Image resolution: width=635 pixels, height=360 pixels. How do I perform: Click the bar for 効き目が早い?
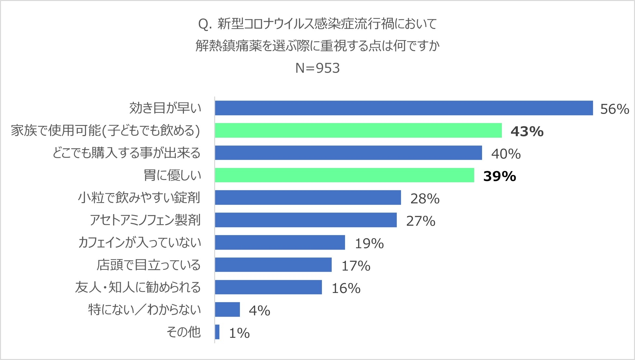coord(404,108)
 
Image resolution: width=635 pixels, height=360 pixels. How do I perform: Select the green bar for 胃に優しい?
coord(344,175)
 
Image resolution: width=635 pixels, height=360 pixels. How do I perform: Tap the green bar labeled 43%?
coord(358,130)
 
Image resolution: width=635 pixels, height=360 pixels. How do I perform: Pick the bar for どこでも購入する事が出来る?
coord(348,153)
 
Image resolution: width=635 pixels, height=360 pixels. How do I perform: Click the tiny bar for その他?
coord(217,332)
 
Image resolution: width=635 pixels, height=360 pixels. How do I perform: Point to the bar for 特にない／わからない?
coord(227,310)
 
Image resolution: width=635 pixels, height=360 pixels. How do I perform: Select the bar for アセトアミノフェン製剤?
coord(306,220)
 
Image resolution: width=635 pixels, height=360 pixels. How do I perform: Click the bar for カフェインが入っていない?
coord(280,242)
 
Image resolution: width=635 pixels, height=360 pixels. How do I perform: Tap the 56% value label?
coord(614,109)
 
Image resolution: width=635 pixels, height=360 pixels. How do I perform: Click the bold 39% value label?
coord(499,176)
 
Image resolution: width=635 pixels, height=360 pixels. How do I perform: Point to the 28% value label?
coord(425,199)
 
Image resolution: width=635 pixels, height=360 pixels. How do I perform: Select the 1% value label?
coord(239,333)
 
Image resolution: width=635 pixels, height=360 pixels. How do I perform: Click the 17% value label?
coord(356,266)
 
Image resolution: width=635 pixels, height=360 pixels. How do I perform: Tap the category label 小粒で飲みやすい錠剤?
coord(139,198)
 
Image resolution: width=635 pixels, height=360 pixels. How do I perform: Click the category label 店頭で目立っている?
coord(148,265)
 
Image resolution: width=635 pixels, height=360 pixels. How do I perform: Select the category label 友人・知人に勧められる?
coord(138,287)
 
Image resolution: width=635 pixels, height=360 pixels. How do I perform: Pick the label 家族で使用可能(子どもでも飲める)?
coord(105,130)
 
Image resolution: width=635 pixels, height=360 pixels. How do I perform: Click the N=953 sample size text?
coord(317,68)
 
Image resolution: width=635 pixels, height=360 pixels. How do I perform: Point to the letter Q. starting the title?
coord(205,24)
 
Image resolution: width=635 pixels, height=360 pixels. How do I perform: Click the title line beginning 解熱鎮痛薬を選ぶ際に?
coord(317,46)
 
